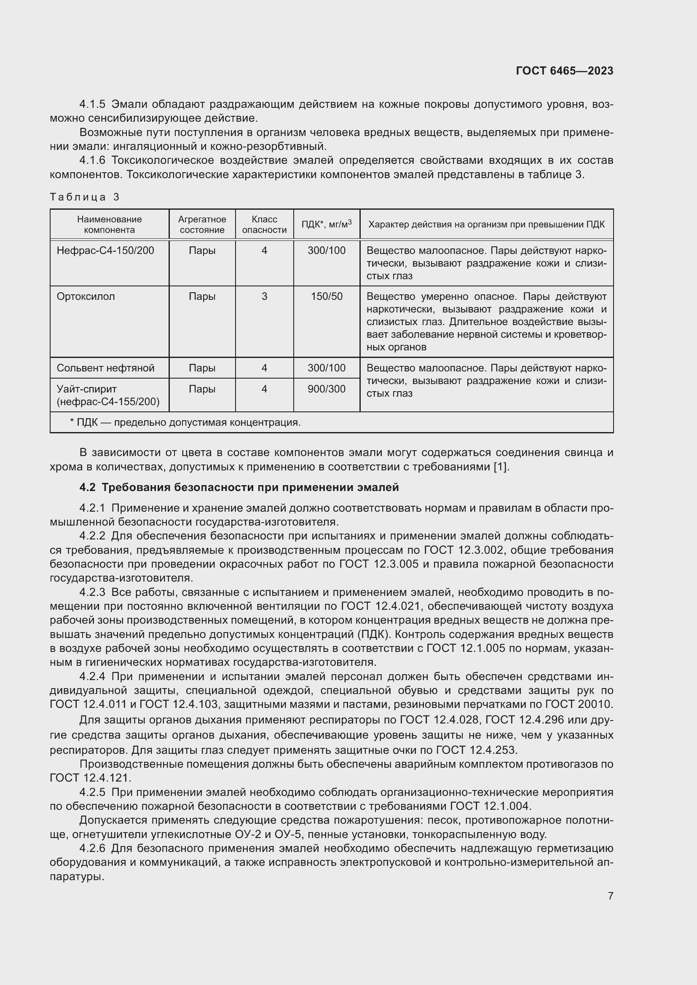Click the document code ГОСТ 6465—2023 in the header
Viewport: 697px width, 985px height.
coord(564,71)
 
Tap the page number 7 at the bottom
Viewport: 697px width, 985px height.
coord(610,896)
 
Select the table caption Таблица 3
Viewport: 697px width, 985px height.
coord(84,197)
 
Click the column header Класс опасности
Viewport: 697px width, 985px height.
coord(264,224)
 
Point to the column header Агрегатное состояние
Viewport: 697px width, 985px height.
coord(202,224)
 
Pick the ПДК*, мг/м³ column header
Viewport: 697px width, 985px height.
coord(326,224)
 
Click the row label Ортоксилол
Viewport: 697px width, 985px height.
coord(86,296)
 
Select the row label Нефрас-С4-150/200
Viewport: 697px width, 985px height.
coord(105,251)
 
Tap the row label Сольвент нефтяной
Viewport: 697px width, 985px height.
coord(105,368)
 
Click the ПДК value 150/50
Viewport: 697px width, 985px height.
coord(327,296)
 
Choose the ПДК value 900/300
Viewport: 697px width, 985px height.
coord(327,389)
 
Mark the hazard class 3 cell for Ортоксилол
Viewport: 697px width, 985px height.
coord(264,296)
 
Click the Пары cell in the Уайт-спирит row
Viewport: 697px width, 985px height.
coord(202,389)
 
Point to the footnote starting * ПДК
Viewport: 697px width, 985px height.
coord(185,422)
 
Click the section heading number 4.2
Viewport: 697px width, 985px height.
coord(87,487)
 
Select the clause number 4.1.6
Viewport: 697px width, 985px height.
coord(92,160)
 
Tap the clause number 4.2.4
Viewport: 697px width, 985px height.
coord(92,677)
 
